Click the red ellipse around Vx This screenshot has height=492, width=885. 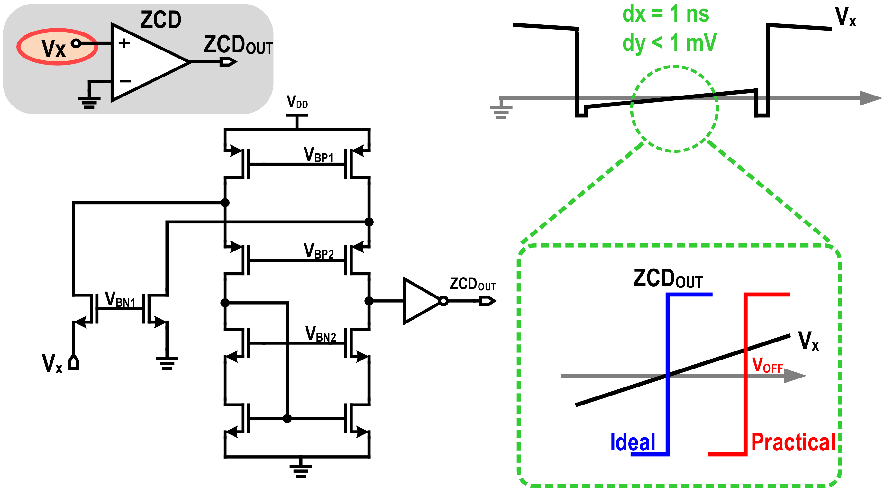pos(57,46)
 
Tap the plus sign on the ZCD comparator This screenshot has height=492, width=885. pos(124,43)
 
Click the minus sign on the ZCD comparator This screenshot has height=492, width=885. pos(125,81)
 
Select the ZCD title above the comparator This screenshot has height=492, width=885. pos(161,20)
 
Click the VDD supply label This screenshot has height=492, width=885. pos(297,102)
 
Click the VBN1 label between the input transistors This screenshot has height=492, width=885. pos(120,299)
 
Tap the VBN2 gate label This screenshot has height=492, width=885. pos(320,334)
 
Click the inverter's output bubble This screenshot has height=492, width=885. pos(443,301)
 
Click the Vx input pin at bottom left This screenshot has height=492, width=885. pos(74,363)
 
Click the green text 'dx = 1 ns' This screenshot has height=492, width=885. pos(665,14)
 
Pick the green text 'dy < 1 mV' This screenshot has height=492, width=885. pos(669,43)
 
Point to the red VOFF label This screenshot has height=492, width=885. pos(767,365)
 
